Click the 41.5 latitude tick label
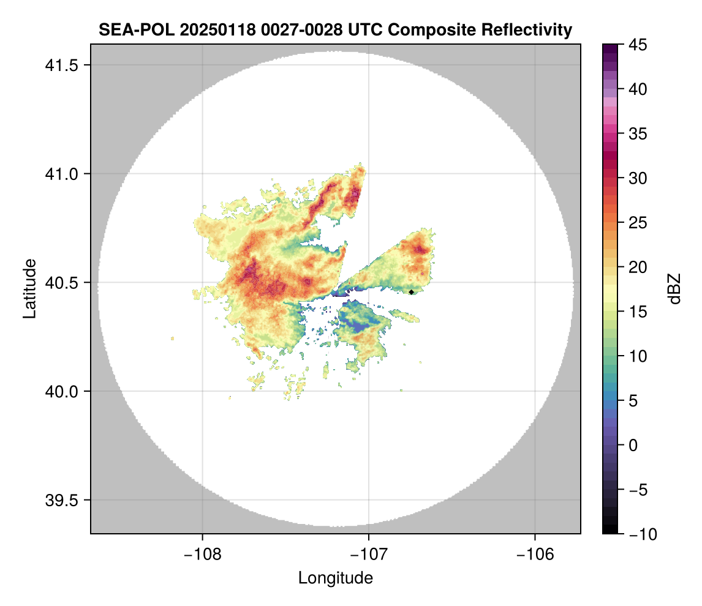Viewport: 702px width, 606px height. (61, 65)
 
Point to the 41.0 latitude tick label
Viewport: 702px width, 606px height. (61, 174)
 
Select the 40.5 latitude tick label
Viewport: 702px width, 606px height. (61, 282)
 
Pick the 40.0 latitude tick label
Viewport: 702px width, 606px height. (61, 391)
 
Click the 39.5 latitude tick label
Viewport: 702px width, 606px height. (61, 499)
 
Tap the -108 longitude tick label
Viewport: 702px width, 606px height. (202, 554)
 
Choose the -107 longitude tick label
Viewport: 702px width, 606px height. (369, 554)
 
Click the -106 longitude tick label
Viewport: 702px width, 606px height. (535, 554)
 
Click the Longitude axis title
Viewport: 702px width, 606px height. (336, 578)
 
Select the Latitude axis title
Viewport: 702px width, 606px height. (29, 288)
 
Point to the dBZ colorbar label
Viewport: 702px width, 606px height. (674, 289)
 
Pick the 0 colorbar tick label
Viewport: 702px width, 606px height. (633, 445)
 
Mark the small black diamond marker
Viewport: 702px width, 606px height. (412, 292)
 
